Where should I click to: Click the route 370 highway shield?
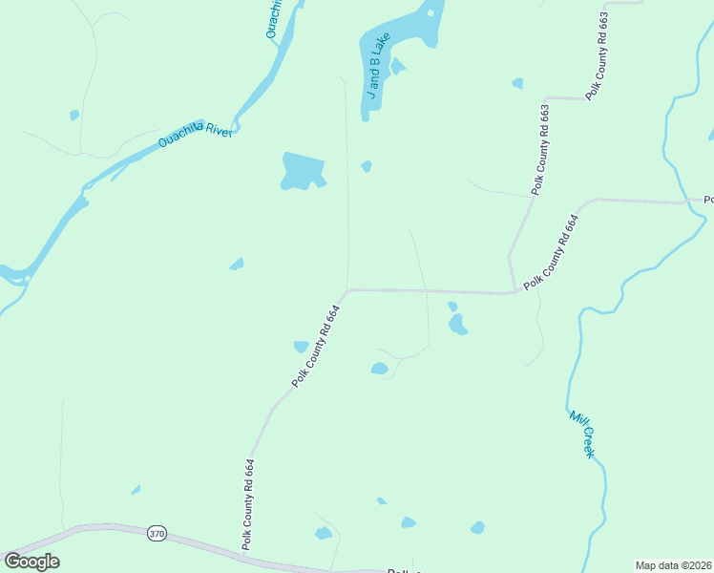[157, 534]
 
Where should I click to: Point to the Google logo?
[31, 562]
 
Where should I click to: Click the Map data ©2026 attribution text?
[673, 565]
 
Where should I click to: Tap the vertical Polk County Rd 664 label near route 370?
[248, 503]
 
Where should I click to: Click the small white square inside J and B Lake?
[430, 13]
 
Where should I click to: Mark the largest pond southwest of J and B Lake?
[303, 170]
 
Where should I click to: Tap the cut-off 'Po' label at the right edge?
[708, 200]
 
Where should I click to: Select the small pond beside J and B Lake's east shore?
[397, 66]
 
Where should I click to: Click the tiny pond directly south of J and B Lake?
[367, 167]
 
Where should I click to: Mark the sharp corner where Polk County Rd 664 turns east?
[348, 289]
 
